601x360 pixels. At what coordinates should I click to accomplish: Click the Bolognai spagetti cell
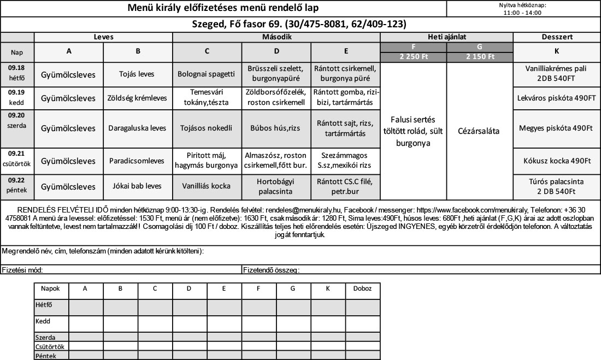click(207, 74)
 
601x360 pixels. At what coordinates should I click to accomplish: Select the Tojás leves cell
click(138, 74)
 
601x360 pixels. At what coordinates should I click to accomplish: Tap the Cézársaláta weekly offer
click(480, 132)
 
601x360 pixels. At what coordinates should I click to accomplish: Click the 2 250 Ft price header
click(413, 56)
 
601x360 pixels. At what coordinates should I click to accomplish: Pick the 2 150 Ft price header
click(480, 56)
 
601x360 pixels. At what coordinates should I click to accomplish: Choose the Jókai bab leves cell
click(138, 186)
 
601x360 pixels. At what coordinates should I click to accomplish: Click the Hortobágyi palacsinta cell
click(276, 186)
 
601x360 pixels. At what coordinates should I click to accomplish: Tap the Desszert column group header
click(557, 37)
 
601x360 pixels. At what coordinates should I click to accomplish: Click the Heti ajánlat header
click(447, 37)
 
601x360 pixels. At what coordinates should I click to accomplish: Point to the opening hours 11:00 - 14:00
click(523, 13)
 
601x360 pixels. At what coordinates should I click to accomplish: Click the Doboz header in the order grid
click(363, 288)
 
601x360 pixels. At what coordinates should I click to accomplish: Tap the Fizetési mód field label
click(22, 269)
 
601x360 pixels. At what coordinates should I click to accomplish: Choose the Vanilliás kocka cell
click(207, 186)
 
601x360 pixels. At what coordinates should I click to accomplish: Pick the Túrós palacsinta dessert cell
click(557, 186)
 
